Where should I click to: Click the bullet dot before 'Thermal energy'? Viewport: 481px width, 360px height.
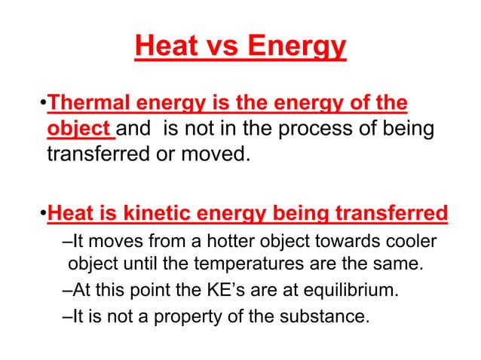[x=42, y=102]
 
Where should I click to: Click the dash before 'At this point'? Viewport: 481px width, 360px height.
[x=63, y=291]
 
